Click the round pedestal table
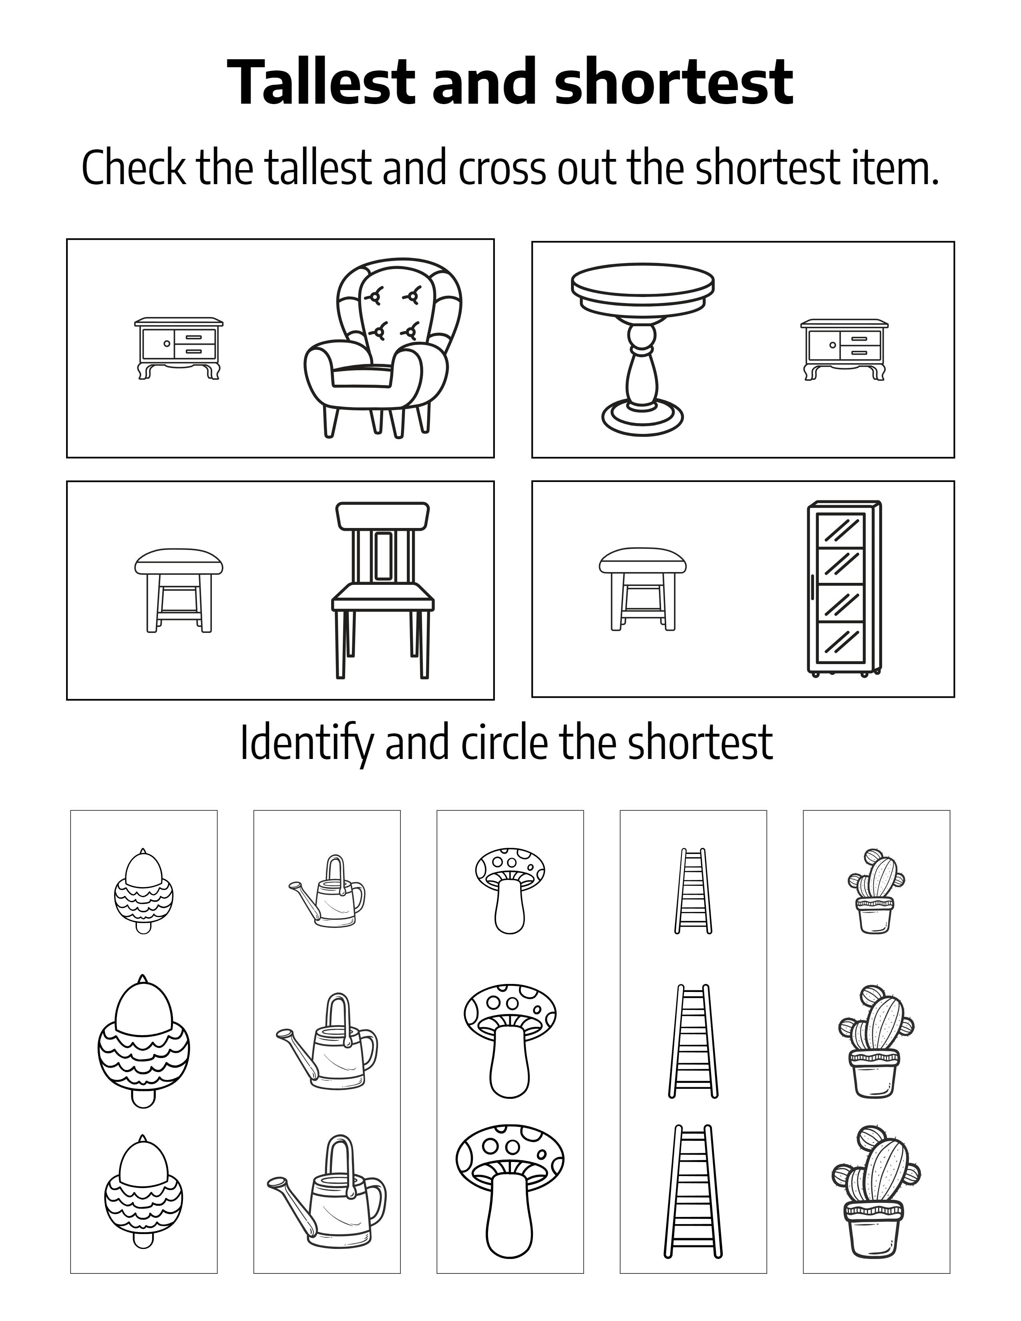pyautogui.click(x=642, y=349)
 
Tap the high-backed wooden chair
pyautogui.click(x=383, y=590)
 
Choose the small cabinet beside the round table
pyautogui.click(x=844, y=349)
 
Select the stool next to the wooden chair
pyautogui.click(x=179, y=590)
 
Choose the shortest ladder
pyautogui.click(x=693, y=890)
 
